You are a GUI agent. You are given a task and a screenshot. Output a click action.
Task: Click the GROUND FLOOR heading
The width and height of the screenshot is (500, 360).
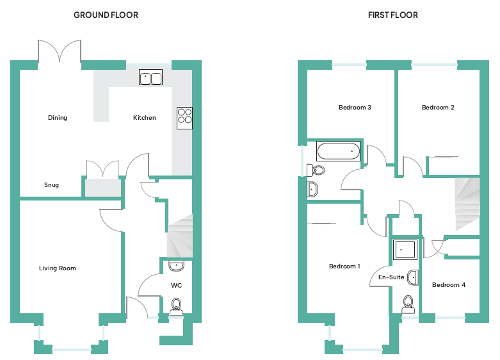tap(106, 15)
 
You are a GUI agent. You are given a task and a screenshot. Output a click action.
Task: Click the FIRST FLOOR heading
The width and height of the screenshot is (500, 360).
tap(392, 15)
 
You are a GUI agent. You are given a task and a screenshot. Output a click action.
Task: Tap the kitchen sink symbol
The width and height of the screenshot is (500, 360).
tap(151, 78)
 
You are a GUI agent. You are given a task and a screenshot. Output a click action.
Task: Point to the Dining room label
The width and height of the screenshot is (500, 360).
tap(58, 118)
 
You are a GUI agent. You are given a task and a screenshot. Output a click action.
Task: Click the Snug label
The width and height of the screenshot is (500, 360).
tap(52, 185)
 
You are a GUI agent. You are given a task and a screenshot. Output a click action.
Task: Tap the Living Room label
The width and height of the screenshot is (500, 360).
tap(58, 268)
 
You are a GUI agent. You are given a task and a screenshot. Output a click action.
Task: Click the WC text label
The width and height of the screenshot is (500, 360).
tap(177, 285)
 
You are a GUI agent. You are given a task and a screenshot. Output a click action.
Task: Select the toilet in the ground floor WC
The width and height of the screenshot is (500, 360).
tap(176, 306)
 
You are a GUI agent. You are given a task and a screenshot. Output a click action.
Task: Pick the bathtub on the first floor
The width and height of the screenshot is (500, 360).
tap(338, 152)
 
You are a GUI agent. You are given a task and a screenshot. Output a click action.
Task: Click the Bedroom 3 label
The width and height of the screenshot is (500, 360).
tap(355, 108)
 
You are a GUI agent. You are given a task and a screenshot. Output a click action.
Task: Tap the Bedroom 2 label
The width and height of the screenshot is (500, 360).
tap(438, 108)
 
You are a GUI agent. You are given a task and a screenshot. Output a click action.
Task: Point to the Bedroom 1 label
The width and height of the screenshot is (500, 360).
tap(344, 266)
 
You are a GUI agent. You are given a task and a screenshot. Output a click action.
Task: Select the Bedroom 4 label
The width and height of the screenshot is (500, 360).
tap(448, 285)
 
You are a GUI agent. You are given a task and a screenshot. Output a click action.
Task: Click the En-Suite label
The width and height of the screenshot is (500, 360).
tap(391, 277)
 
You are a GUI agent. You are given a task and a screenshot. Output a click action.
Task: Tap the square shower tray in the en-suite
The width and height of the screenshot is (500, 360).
tap(405, 249)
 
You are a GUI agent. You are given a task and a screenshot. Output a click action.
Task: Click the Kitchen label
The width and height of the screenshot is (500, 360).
tap(145, 118)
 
